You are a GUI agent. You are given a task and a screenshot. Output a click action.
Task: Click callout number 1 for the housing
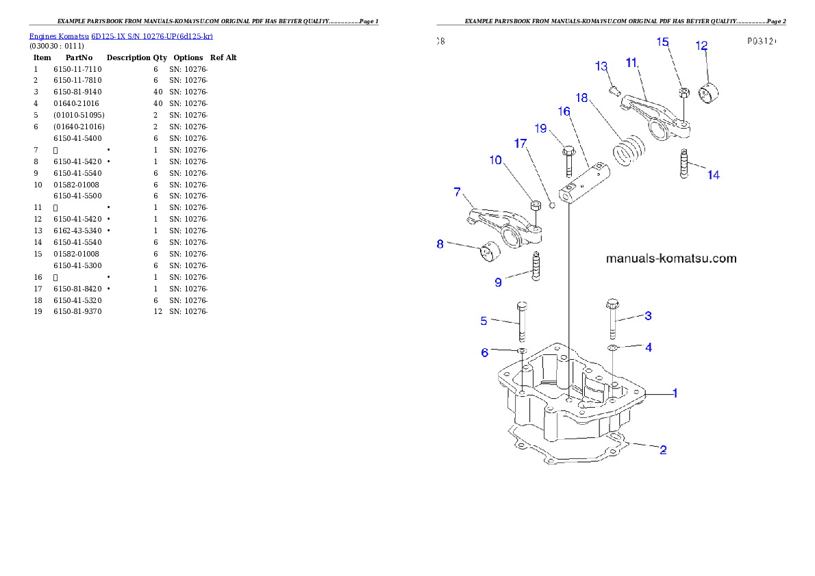tap(675, 393)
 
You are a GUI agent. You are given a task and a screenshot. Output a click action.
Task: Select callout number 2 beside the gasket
tap(662, 449)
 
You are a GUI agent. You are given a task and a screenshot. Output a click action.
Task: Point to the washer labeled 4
tap(613, 349)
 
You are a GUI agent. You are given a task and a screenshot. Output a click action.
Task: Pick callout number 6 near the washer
tap(484, 352)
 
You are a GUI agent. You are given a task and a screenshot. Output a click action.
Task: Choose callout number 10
tap(495, 160)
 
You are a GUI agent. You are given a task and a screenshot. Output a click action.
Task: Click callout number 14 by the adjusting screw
tap(713, 175)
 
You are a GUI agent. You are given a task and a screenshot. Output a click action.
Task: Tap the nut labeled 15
tap(683, 93)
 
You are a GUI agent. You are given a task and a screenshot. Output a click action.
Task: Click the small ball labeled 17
tap(552, 206)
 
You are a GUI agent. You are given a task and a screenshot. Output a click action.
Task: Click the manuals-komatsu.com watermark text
tap(671, 259)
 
